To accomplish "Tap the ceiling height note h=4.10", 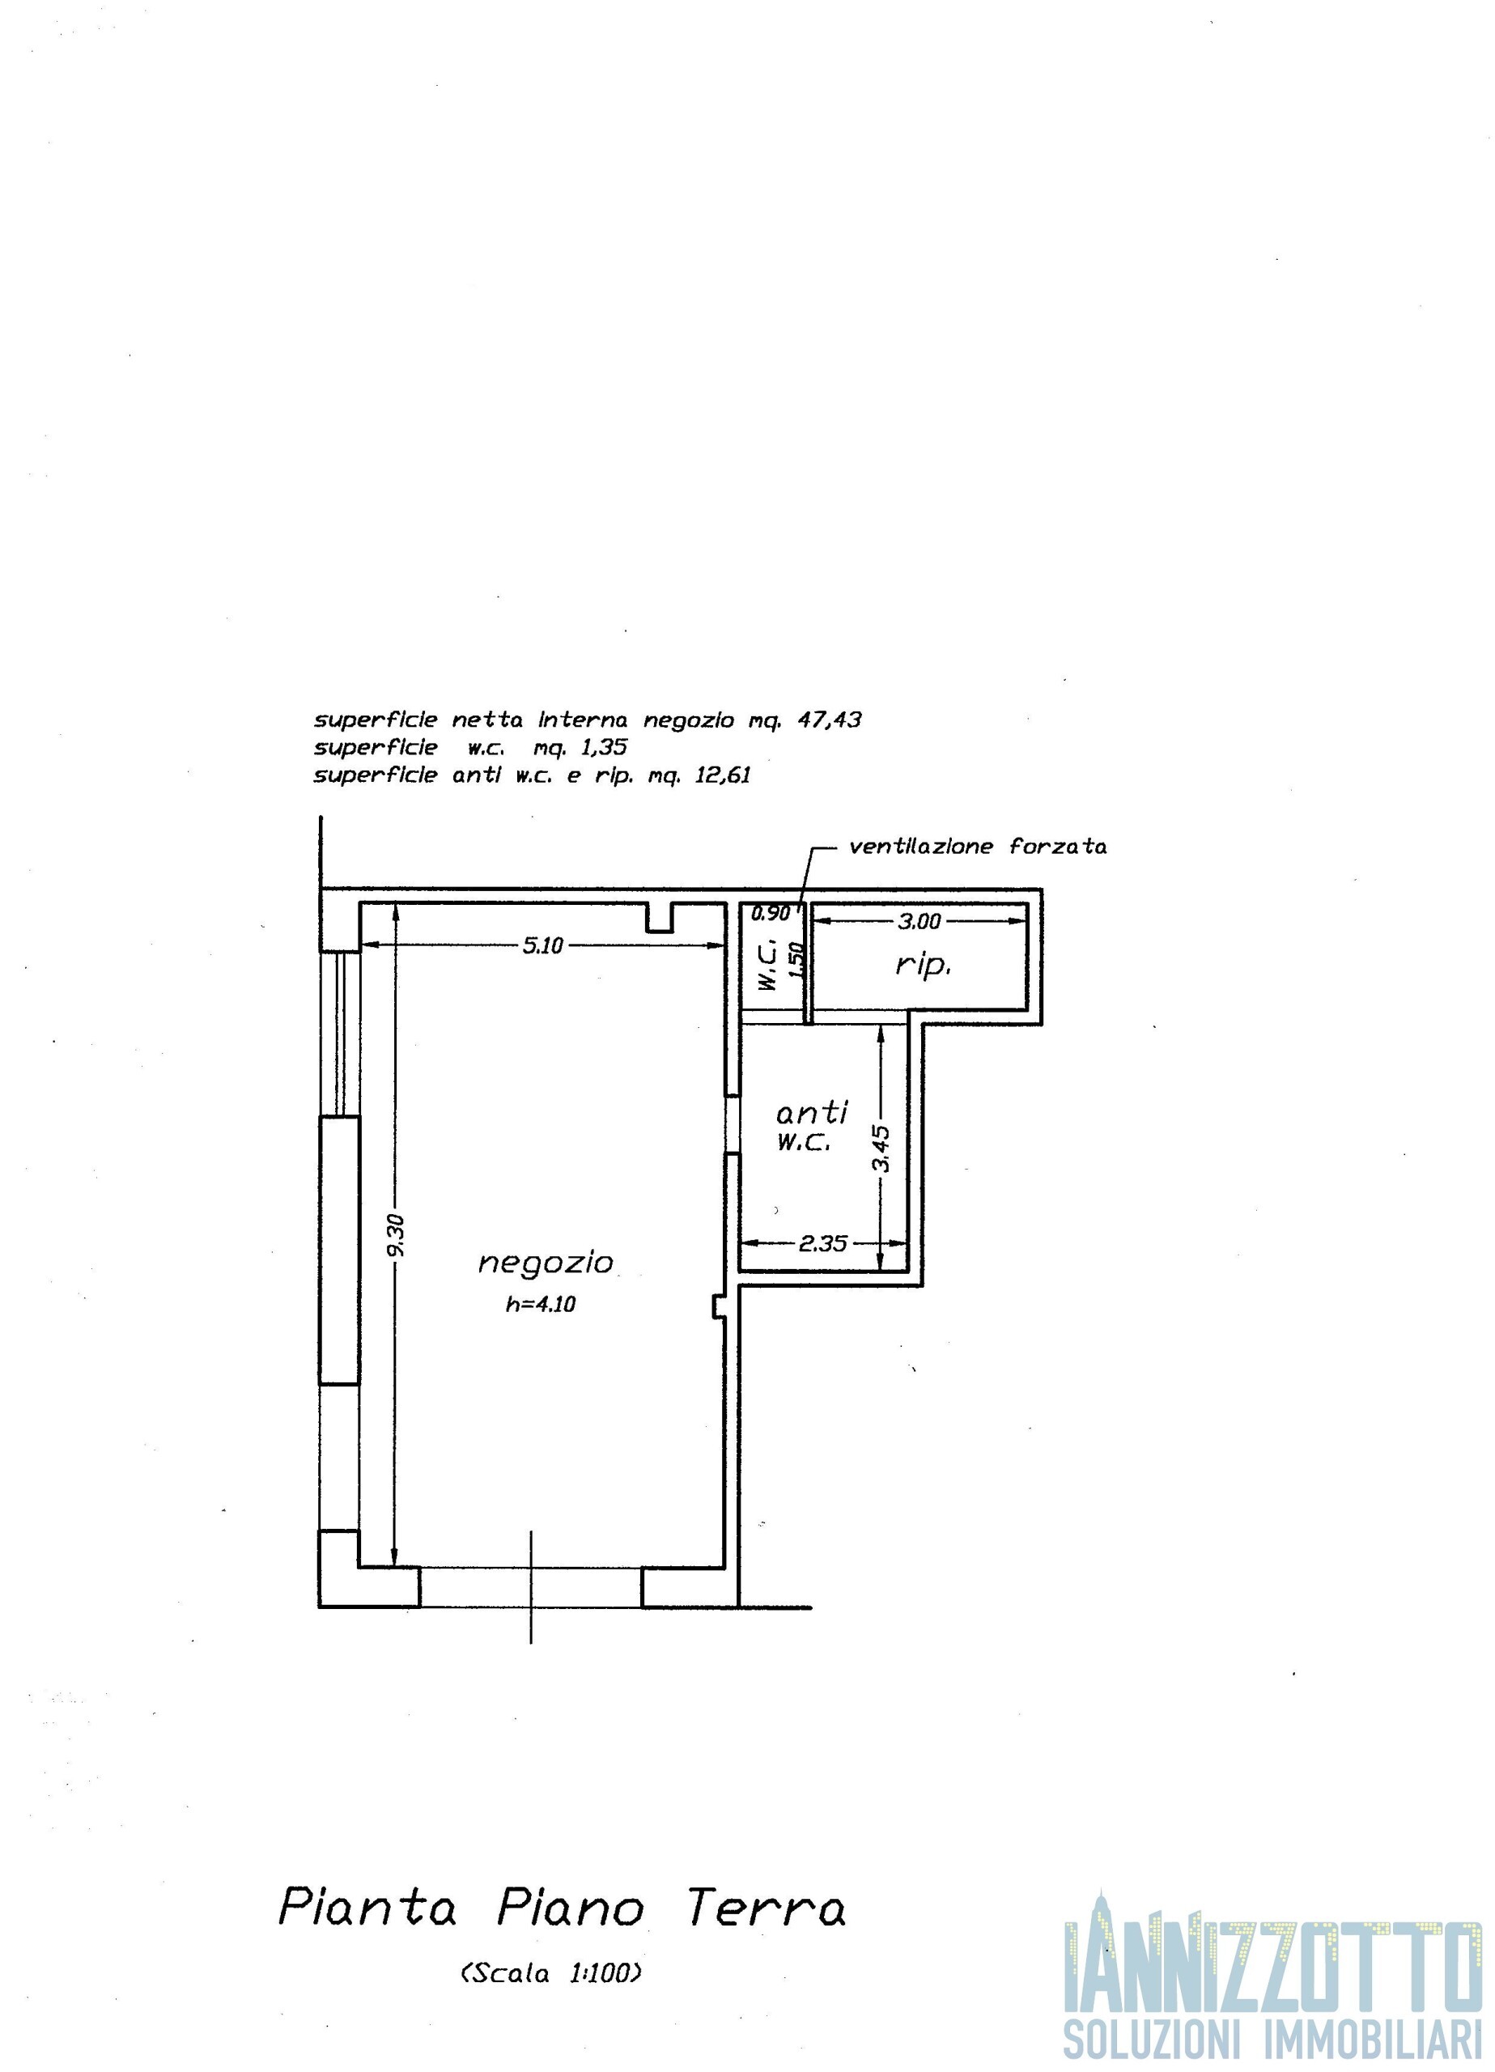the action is (541, 1305).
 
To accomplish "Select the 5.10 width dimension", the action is (543, 945).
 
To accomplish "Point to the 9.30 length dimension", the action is (395, 1236).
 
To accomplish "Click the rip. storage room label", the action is (923, 966).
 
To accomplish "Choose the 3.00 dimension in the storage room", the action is (919, 921).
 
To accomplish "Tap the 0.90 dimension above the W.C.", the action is (771, 913).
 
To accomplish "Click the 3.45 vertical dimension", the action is (881, 1149).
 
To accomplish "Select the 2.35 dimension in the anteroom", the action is (822, 1243).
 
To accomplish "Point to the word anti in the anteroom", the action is (813, 1112).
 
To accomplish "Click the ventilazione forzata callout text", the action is (978, 847).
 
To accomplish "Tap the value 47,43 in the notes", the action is (829, 720).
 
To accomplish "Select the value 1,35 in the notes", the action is (604, 747).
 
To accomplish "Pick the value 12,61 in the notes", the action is (722, 775).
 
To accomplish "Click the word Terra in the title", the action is (766, 1907).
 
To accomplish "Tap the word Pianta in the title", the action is (367, 1907).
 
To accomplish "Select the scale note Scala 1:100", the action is (552, 1973).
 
